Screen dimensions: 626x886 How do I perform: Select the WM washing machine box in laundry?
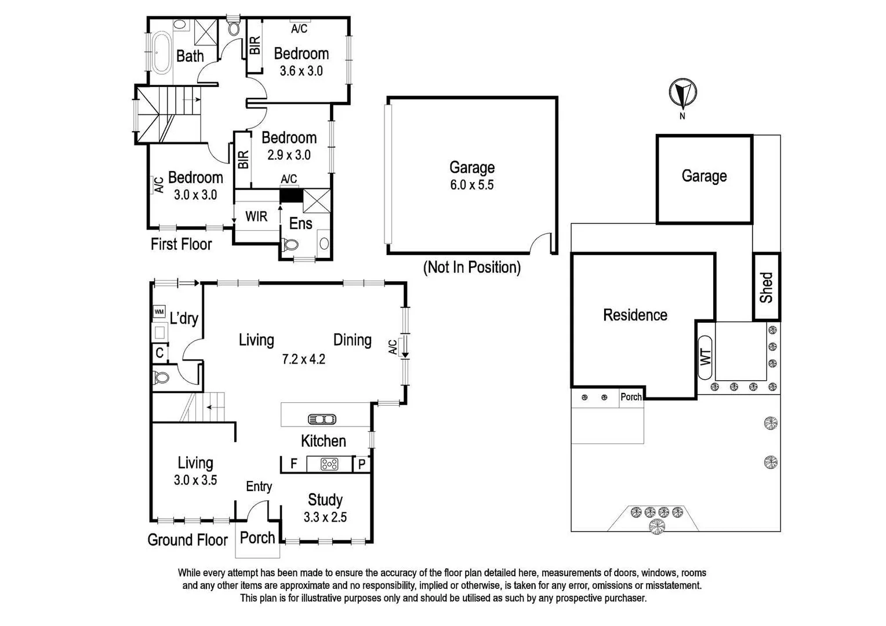[159, 312]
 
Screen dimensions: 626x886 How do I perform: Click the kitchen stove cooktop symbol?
[329, 464]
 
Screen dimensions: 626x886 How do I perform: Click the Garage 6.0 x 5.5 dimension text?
[471, 185]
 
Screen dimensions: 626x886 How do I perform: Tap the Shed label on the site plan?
[767, 287]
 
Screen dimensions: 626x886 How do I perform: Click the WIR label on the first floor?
[256, 216]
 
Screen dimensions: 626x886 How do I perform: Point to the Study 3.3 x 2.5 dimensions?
[325, 517]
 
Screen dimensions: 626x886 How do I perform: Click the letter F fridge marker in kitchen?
[294, 464]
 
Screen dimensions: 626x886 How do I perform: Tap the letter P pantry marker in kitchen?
[361, 464]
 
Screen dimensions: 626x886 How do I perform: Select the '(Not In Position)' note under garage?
[471, 267]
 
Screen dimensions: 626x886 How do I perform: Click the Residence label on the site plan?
[635, 315]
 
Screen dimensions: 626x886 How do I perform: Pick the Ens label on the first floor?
[300, 224]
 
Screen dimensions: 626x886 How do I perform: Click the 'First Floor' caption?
[181, 244]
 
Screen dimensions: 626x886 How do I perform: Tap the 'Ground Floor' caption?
[187, 540]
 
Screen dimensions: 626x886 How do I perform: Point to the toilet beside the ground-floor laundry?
[161, 378]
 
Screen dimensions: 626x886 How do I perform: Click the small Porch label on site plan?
[631, 397]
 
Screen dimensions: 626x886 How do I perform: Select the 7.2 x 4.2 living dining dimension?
[303, 359]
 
